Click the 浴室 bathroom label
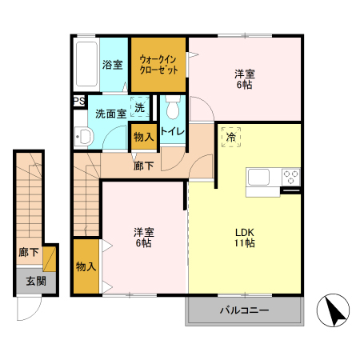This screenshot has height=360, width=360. point(111,65)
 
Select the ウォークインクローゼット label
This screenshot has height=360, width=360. point(159,64)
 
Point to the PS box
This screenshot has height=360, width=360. point(78,101)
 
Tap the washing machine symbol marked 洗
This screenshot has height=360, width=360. point(140,108)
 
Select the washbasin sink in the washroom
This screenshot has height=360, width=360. point(84,137)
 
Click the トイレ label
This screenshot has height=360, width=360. point(173,131)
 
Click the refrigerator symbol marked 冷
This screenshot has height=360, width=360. point(230,138)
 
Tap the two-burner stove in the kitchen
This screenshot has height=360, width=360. point(290,177)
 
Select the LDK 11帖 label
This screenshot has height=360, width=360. point(244,238)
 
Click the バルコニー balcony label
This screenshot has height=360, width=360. point(244,310)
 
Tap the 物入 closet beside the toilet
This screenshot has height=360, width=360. point(143,137)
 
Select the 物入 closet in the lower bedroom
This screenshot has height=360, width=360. point(86,266)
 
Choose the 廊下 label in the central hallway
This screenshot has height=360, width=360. point(143,166)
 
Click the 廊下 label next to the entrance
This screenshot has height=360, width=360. point(28,253)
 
